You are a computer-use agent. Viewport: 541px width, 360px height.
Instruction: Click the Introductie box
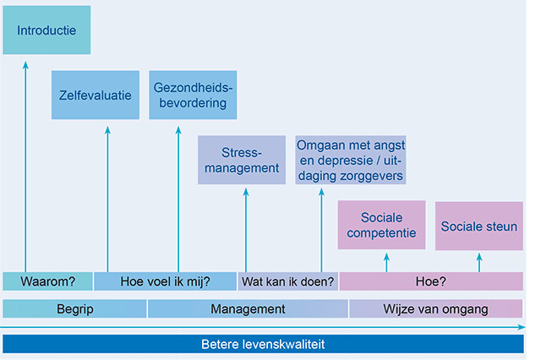pyautogui.click(x=46, y=30)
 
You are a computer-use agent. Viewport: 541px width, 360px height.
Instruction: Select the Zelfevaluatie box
pyautogui.click(x=96, y=95)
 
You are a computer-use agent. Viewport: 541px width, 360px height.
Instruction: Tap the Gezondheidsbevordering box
pyautogui.click(x=193, y=95)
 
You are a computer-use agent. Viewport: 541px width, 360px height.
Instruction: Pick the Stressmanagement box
pyautogui.click(x=242, y=160)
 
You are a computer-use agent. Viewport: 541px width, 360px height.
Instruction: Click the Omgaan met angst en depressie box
pyautogui.click(x=351, y=160)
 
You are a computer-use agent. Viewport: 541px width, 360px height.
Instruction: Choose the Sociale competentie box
pyautogui.click(x=381, y=225)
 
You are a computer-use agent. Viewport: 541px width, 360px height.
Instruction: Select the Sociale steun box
pyautogui.click(x=479, y=226)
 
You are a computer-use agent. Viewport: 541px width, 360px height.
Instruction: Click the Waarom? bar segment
pyautogui.click(x=47, y=281)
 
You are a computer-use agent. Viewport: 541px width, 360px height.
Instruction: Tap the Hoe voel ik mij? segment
pyautogui.click(x=166, y=281)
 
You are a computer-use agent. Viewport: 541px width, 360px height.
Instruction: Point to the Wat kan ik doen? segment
pyautogui.click(x=287, y=281)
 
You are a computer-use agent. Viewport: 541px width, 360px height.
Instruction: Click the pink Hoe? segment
pyautogui.click(x=431, y=281)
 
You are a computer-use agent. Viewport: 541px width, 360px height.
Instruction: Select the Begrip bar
pyautogui.click(x=74, y=308)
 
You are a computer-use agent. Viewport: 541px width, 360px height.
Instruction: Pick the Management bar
pyautogui.click(x=248, y=308)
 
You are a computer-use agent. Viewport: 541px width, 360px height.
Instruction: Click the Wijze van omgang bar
pyautogui.click(x=436, y=308)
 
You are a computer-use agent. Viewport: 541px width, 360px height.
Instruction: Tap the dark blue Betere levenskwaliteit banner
pyautogui.click(x=263, y=344)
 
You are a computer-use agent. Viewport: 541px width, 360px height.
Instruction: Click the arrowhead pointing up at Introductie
pyautogui.click(x=25, y=65)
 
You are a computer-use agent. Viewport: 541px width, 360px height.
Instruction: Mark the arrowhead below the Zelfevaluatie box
pyautogui.click(x=107, y=129)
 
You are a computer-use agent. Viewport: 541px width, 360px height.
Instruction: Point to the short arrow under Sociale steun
pyautogui.click(x=479, y=263)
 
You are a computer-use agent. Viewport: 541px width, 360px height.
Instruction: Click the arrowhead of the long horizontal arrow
pyautogui.click(x=522, y=327)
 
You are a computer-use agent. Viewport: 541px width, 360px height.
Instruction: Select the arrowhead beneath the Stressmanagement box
pyautogui.click(x=246, y=191)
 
